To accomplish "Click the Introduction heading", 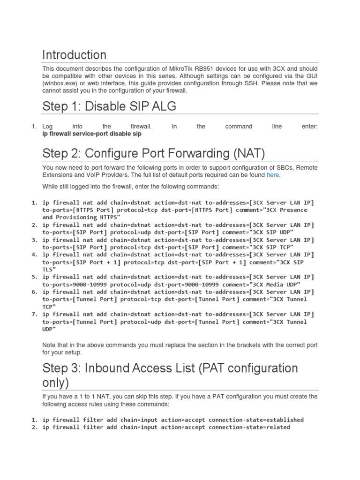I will click(x=74, y=55).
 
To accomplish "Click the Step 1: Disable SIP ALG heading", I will click(x=109, y=106).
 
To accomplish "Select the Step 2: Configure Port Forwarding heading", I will click(x=154, y=153).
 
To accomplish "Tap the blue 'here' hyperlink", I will click(x=272, y=175).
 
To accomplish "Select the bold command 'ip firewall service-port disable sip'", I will click(x=92, y=134).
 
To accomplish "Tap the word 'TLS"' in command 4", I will click(x=49, y=270).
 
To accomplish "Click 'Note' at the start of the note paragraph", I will click(x=49, y=345).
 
